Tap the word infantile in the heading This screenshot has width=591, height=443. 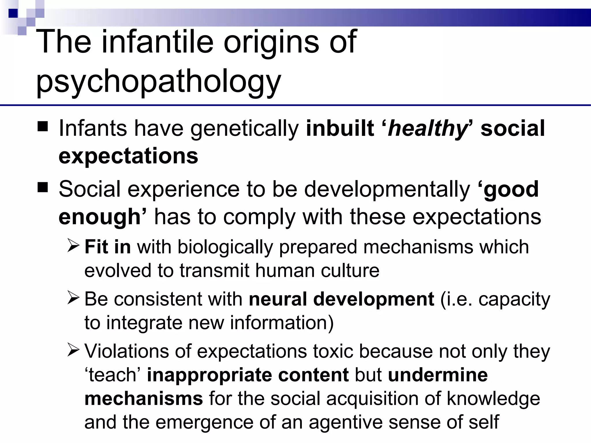tap(158, 42)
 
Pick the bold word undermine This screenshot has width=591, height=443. tap(438, 375)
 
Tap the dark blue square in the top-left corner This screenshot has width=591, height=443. tap(13, 13)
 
